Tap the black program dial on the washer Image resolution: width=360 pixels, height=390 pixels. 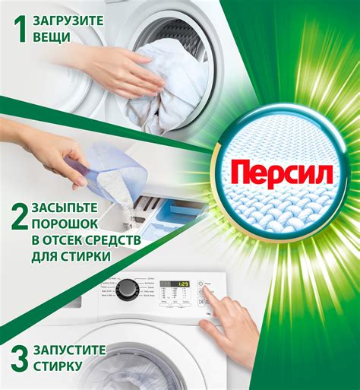(128, 289)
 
